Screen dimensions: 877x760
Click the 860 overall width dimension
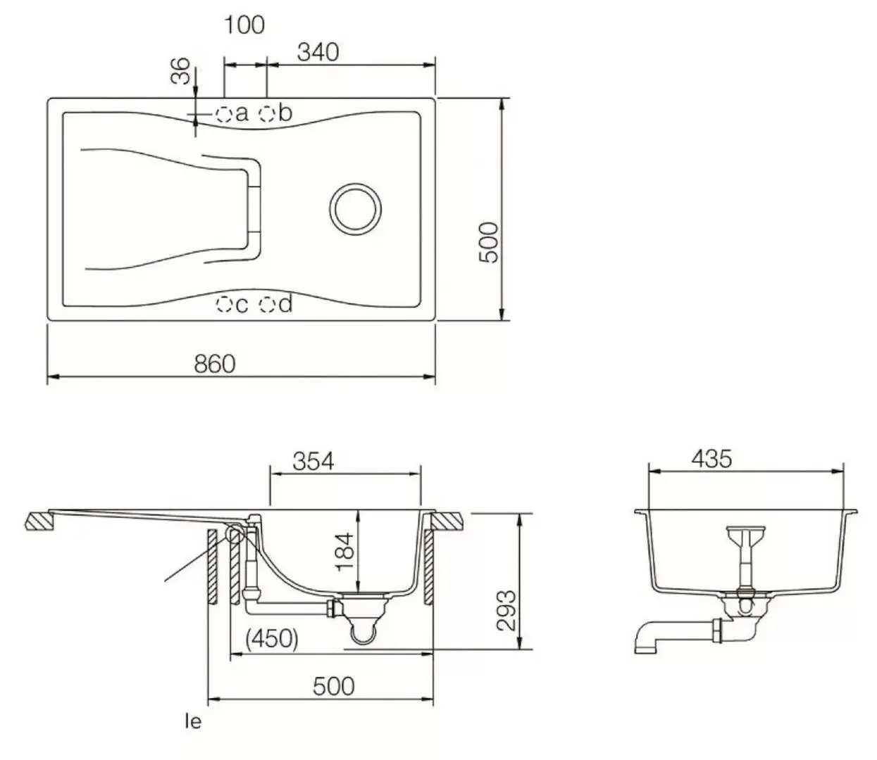click(x=215, y=364)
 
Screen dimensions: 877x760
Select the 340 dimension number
click(x=318, y=52)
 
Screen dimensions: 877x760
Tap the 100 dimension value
click(x=244, y=25)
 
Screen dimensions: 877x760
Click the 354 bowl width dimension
click(x=313, y=462)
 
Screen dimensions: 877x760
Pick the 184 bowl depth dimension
click(x=345, y=552)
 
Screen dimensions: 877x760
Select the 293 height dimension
click(x=506, y=611)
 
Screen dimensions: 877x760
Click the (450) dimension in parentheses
click(x=272, y=638)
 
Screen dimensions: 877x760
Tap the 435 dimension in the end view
click(x=712, y=459)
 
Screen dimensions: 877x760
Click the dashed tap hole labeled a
click(x=223, y=114)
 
